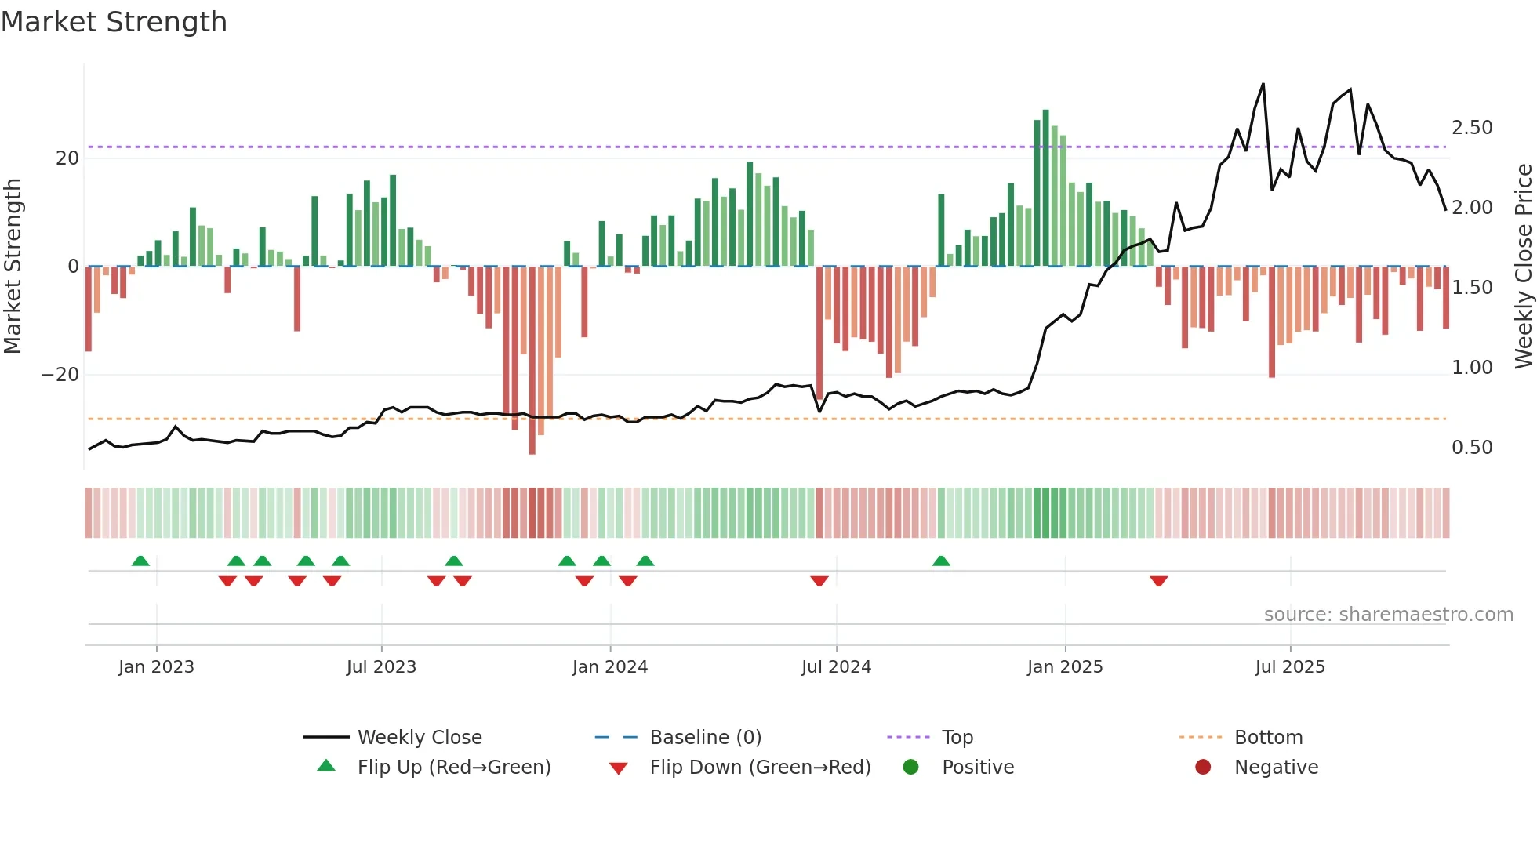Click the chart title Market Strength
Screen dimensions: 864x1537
(x=114, y=22)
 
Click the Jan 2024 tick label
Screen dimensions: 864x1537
(x=609, y=667)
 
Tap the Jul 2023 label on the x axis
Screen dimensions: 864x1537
(x=381, y=667)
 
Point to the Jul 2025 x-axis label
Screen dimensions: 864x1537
(x=1289, y=667)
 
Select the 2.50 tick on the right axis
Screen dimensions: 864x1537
(x=1472, y=128)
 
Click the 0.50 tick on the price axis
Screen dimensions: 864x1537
(x=1472, y=448)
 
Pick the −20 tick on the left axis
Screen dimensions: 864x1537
(x=60, y=375)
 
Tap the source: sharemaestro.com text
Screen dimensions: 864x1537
(x=1388, y=615)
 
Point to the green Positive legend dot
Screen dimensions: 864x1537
(x=910, y=768)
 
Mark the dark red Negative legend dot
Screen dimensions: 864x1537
(x=1203, y=768)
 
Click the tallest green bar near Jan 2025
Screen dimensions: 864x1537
(x=1045, y=188)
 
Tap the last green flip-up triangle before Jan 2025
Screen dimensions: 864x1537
(x=941, y=561)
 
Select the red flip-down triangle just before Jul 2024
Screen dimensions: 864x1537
(x=819, y=581)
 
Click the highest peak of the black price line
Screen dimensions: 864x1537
(x=1263, y=84)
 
